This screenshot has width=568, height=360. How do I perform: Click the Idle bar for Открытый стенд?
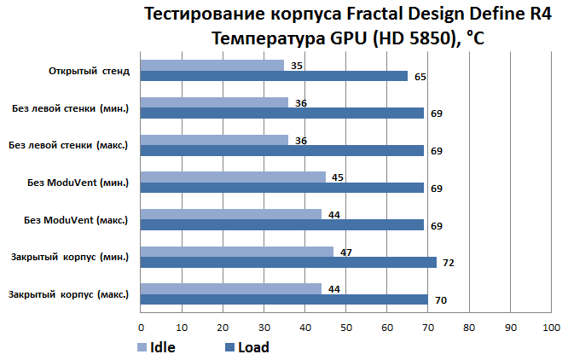pyautogui.click(x=212, y=65)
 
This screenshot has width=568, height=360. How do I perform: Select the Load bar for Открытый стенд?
pyautogui.click(x=274, y=76)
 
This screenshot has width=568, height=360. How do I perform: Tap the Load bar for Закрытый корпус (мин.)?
pyautogui.click(x=288, y=263)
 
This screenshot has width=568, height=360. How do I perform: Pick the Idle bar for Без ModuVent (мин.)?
pyautogui.click(x=233, y=177)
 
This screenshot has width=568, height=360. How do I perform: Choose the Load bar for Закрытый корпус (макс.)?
pyautogui.click(x=284, y=299)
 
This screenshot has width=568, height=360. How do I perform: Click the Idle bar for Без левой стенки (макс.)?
pyautogui.click(x=214, y=140)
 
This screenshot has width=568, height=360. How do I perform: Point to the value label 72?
pyautogui.click(x=448, y=263)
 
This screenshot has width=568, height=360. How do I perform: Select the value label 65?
pyautogui.click(x=420, y=77)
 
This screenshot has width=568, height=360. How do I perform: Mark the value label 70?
pyautogui.click(x=440, y=300)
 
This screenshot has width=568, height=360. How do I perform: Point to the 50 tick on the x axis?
pyautogui.click(x=345, y=328)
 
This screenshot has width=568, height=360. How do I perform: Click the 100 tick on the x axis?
pyautogui.click(x=551, y=328)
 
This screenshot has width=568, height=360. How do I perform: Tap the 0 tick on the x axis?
pyautogui.click(x=141, y=328)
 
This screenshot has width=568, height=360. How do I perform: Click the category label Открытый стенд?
pyautogui.click(x=89, y=71)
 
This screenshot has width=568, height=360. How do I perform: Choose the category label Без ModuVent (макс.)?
pyautogui.click(x=77, y=220)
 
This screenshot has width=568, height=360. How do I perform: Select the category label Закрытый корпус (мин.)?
pyautogui.click(x=70, y=257)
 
